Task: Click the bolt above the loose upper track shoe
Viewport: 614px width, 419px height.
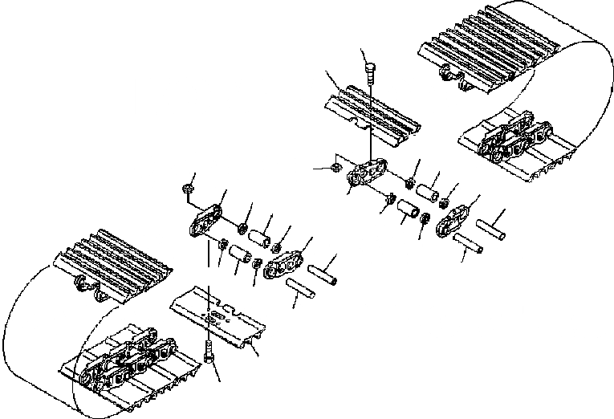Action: click(x=369, y=73)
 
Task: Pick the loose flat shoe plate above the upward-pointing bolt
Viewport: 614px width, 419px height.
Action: click(x=217, y=317)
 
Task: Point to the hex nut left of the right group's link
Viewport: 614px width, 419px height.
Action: click(x=327, y=168)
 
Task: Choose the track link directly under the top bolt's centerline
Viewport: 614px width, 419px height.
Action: click(x=368, y=175)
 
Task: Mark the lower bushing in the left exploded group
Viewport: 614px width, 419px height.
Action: click(x=239, y=256)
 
